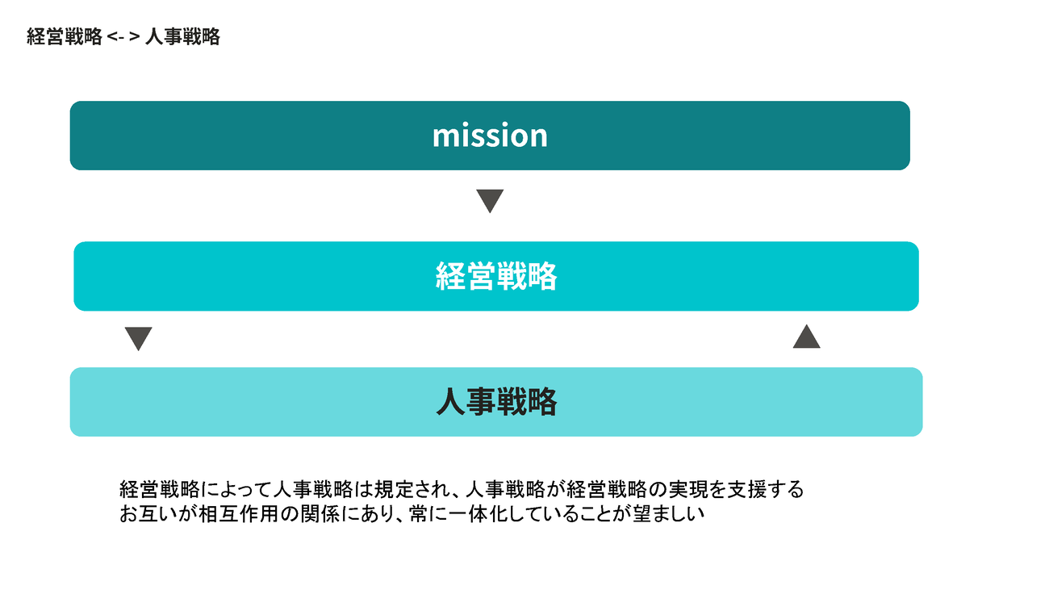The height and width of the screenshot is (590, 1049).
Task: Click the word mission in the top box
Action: pyautogui.click(x=490, y=136)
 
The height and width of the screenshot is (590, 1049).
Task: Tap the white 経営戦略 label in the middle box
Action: pyautogui.click(x=496, y=276)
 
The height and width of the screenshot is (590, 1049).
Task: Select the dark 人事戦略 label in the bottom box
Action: pyautogui.click(x=496, y=402)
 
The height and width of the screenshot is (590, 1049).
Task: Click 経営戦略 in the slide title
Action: pyautogui.click(x=65, y=36)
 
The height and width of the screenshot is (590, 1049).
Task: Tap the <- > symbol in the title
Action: pyautogui.click(x=123, y=36)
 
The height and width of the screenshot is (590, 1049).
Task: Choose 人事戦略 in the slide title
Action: pyautogui.click(x=182, y=36)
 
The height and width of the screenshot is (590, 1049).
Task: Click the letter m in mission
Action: pyautogui.click(x=444, y=136)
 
